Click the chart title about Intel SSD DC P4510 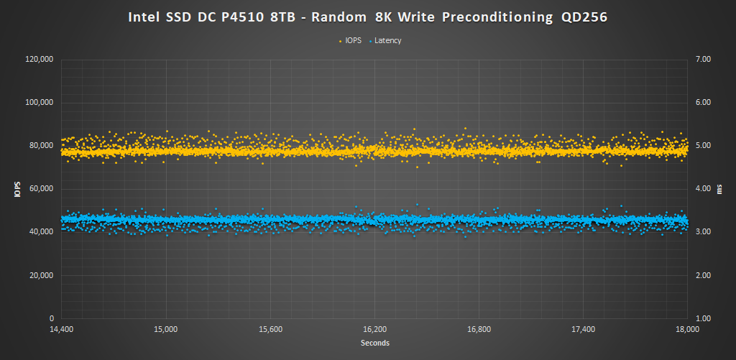tap(368, 16)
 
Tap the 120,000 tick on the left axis tap(40, 60)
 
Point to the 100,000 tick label tap(40, 103)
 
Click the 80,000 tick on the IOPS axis tap(42, 146)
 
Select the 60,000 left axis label tap(42, 189)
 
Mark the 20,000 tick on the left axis tap(42, 275)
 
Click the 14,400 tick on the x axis tap(61, 330)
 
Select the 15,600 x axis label tap(270, 330)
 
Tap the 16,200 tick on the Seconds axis tap(374, 330)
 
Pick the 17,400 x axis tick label tap(584, 330)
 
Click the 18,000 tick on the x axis tap(688, 330)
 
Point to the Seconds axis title tap(374, 343)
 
